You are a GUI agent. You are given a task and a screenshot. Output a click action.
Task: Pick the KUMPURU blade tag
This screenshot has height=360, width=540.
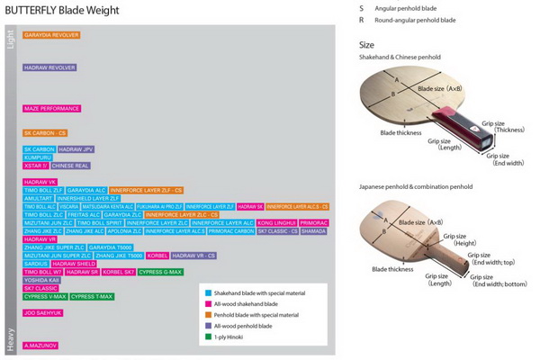click(39, 157)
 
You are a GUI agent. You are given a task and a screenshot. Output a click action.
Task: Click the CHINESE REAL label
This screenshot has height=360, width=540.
click(70, 166)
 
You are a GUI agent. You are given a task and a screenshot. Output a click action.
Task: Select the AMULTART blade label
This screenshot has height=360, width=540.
click(39, 198)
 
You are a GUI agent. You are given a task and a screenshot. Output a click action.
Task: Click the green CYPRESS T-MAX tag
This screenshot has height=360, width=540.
click(93, 296)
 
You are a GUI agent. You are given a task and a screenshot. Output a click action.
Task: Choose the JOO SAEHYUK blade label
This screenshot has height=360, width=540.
click(42, 312)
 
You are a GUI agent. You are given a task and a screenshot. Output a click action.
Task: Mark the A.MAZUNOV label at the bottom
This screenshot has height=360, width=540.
click(40, 345)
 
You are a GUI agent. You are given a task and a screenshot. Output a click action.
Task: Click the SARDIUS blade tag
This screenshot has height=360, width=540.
click(37, 264)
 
